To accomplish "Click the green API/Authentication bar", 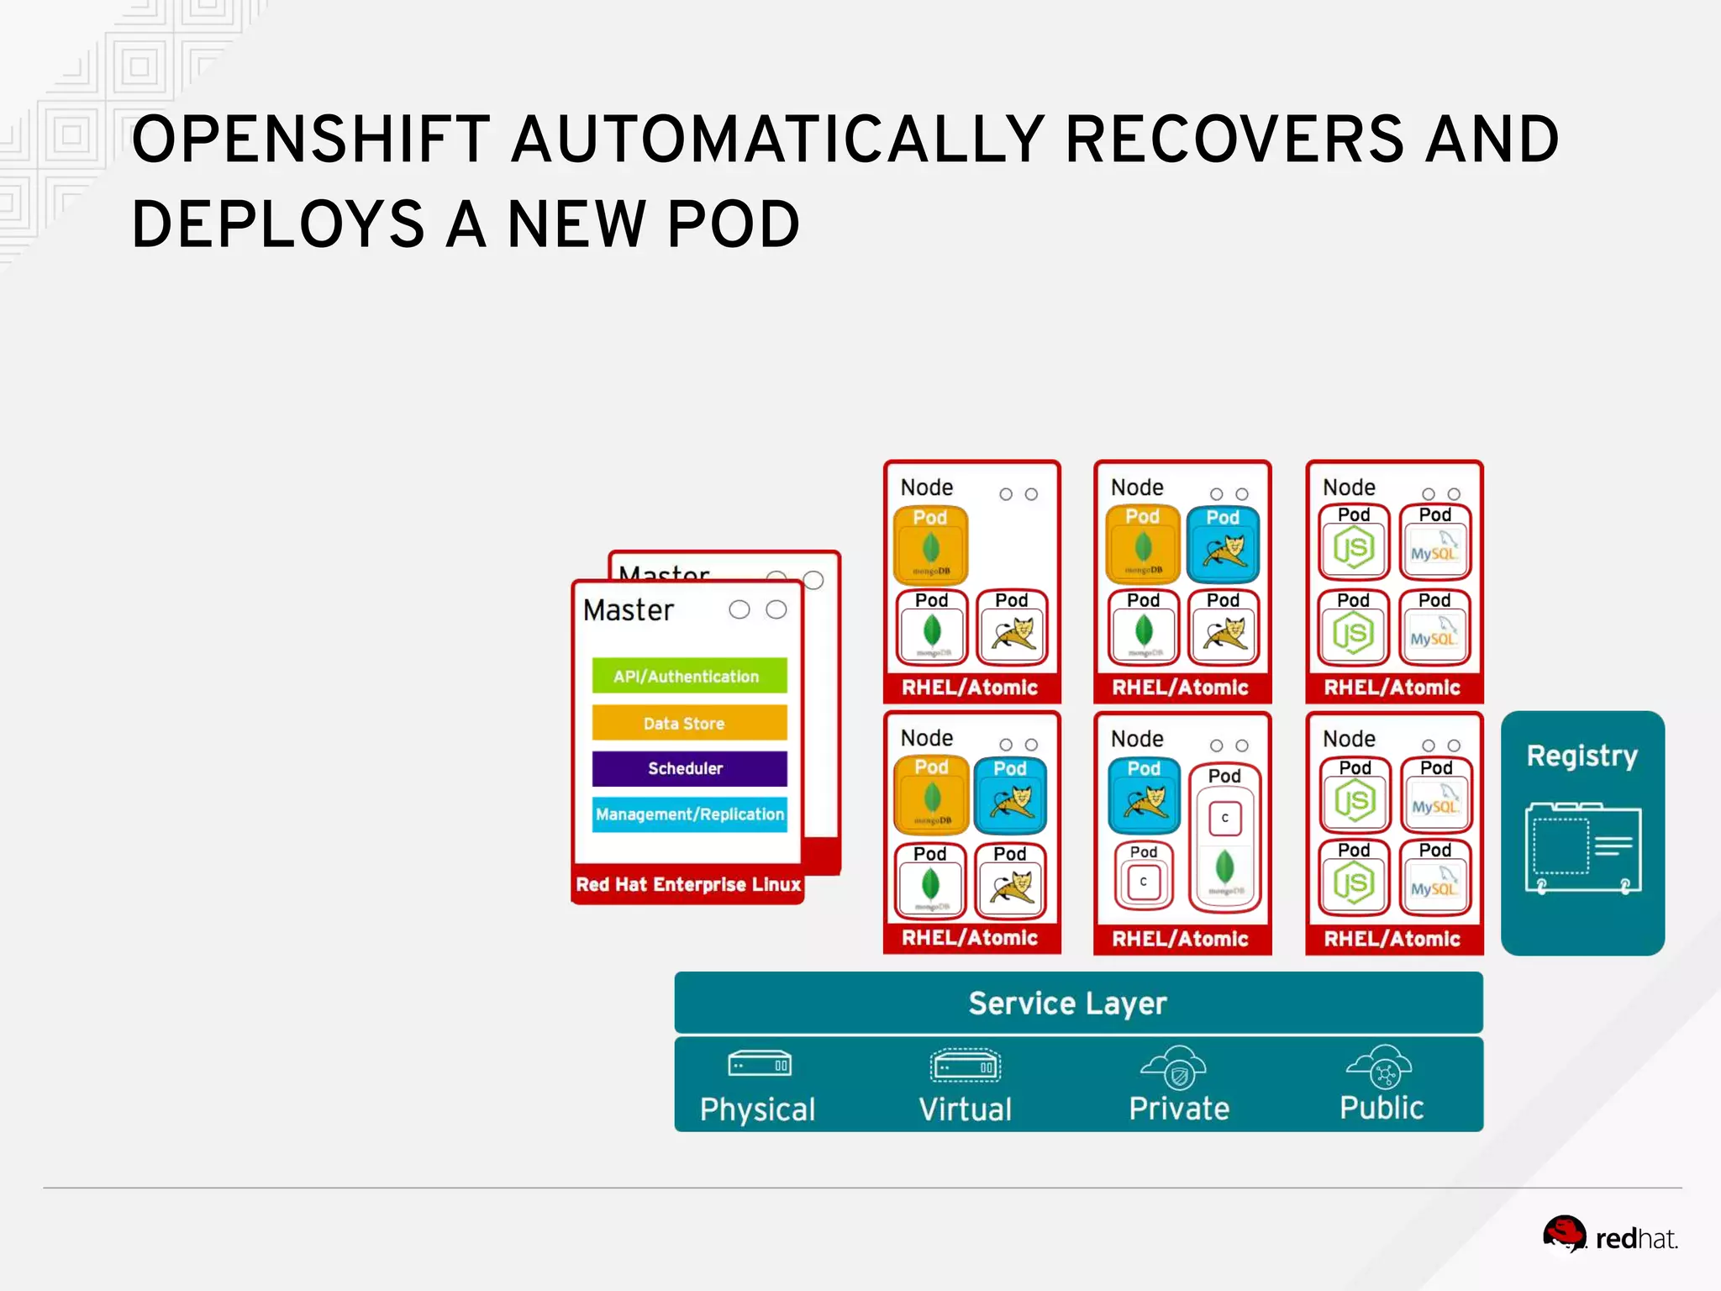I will [689, 676].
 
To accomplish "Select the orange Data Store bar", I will [689, 723].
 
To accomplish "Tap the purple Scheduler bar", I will [689, 768].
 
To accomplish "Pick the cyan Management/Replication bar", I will [689, 814].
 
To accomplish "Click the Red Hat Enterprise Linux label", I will [687, 884].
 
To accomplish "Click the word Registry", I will [1582, 755].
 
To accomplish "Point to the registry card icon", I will [1582, 849].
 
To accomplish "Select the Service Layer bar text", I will [1067, 1003].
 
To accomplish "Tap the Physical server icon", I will [759, 1064].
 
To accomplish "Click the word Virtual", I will [965, 1109].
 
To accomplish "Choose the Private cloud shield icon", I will [1177, 1069].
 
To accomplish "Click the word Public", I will [1381, 1108].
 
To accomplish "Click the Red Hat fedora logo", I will [1564, 1234].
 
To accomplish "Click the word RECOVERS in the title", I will [1234, 140].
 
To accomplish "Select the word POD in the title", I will [733, 224].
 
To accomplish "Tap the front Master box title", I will [629, 609].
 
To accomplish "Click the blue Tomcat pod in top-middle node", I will [1223, 545].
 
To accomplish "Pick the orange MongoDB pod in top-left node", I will [930, 545].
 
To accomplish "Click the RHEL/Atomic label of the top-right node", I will [1392, 687].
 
